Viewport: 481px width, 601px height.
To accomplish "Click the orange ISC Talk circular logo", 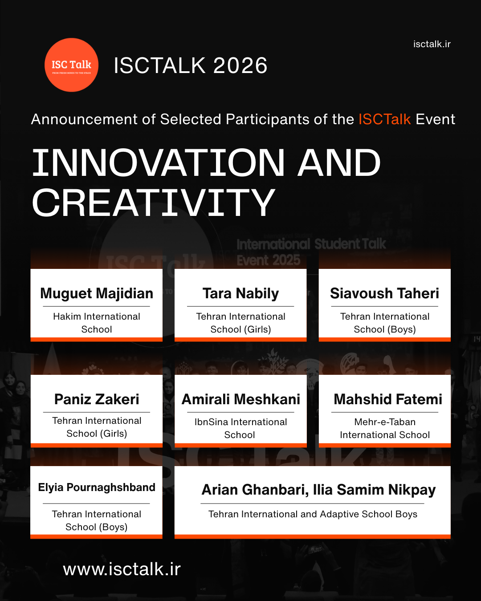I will point(71,65).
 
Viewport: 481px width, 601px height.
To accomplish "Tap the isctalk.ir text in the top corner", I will point(432,44).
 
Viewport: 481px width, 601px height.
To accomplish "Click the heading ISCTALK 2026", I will point(190,65).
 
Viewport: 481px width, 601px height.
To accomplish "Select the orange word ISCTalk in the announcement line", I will point(384,119).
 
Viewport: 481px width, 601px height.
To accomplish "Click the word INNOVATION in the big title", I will point(158,162).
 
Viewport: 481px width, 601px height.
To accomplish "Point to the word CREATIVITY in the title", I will point(153,203).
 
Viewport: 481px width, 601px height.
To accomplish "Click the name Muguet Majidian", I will point(97,293).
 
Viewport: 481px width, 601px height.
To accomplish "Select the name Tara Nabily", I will point(240,293).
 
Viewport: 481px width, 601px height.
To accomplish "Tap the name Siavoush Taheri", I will point(384,293).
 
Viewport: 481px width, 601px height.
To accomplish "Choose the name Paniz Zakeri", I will point(97,399).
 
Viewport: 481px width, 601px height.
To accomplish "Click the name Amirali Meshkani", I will point(240,399).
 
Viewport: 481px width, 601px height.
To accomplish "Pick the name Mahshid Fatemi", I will point(387,399).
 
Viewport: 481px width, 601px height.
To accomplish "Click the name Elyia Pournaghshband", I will point(97,487).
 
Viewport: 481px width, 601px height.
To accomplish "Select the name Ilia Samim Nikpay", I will point(374,490).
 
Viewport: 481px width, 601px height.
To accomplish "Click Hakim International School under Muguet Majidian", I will point(97,323).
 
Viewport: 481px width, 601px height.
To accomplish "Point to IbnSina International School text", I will point(240,428).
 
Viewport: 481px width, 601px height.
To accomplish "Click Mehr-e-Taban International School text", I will point(385,428).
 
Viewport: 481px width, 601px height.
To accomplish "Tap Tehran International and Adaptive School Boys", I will point(313,514).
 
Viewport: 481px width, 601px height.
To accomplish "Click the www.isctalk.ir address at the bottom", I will point(122,569).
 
